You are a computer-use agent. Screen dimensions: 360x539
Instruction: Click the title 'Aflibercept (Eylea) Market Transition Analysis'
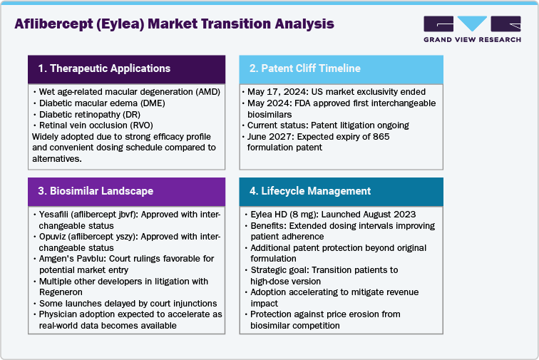coord(174,24)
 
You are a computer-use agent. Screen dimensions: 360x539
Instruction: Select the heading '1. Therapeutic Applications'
coord(104,68)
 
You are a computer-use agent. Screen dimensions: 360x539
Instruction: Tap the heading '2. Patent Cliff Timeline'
coord(304,68)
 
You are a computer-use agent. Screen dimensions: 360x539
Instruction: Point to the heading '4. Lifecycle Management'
coord(309,191)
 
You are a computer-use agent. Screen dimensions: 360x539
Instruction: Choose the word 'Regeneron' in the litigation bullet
coord(61,292)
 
